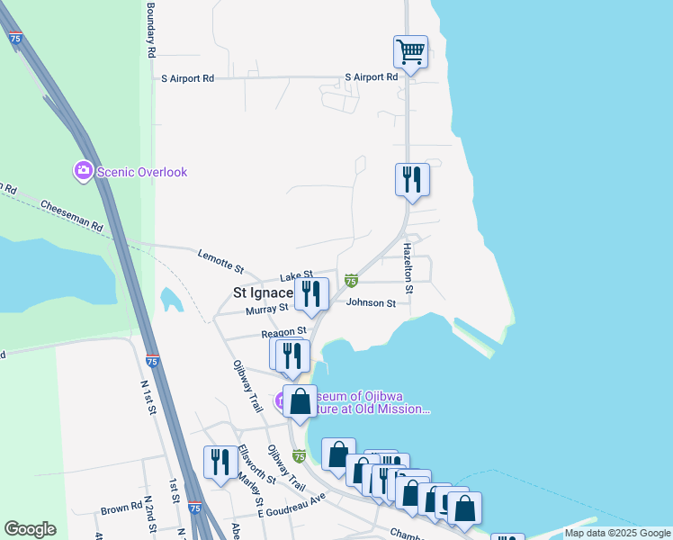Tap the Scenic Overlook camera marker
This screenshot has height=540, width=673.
84,171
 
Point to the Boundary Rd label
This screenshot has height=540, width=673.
151,31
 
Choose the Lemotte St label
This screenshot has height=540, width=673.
221,262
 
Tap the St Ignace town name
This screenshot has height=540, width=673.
263,292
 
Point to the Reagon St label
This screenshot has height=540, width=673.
277,331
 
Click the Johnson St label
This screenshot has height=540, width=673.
371,303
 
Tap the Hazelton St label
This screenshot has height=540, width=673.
408,267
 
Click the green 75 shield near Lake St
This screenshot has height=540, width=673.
351,281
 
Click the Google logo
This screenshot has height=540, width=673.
30,529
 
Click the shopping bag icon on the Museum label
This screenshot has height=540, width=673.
300,400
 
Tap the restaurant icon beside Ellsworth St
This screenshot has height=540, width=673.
220,462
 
